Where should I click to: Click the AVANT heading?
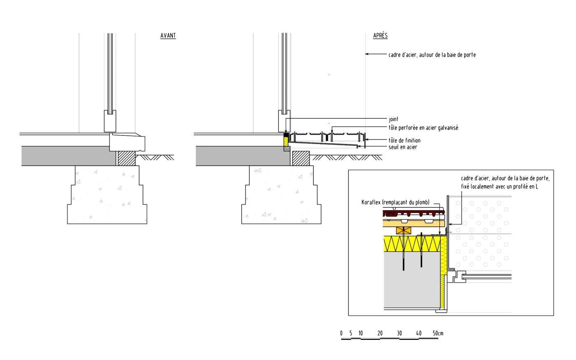coord(168,36)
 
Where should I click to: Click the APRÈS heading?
coord(380,36)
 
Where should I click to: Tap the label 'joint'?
coord(393,119)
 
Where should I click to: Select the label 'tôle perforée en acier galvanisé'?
coord(423,128)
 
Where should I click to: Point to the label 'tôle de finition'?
coord(404,140)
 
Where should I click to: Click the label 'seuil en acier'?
coord(403,147)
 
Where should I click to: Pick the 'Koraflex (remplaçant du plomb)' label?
coord(395,202)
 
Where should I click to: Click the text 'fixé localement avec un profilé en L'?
coord(499,186)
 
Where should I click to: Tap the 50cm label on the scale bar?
coord(438,333)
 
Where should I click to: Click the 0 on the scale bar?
coord(341,333)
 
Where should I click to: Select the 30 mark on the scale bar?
coord(399,333)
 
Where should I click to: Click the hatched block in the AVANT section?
coord(127,158)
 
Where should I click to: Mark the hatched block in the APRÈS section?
coord(301,158)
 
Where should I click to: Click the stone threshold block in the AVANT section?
coord(128,142)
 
